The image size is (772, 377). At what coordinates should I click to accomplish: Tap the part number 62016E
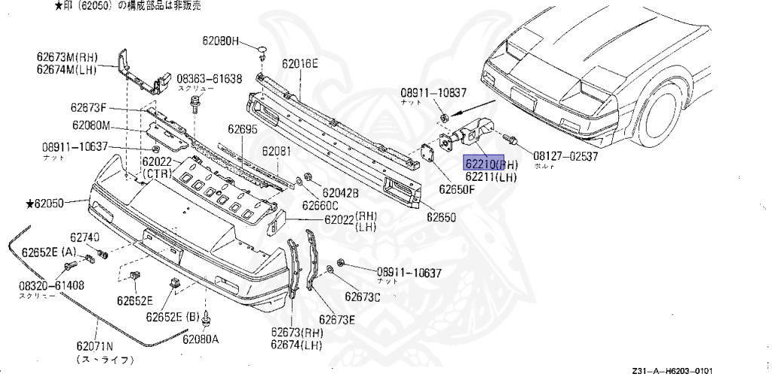(x=300, y=64)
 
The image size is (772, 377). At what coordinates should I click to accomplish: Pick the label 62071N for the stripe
(x=94, y=346)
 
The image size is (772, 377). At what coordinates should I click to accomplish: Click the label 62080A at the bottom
(x=200, y=339)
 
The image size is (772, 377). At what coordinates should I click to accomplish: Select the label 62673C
(x=363, y=296)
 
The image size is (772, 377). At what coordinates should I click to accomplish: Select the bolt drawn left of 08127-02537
(x=510, y=140)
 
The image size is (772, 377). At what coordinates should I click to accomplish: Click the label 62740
(x=85, y=238)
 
